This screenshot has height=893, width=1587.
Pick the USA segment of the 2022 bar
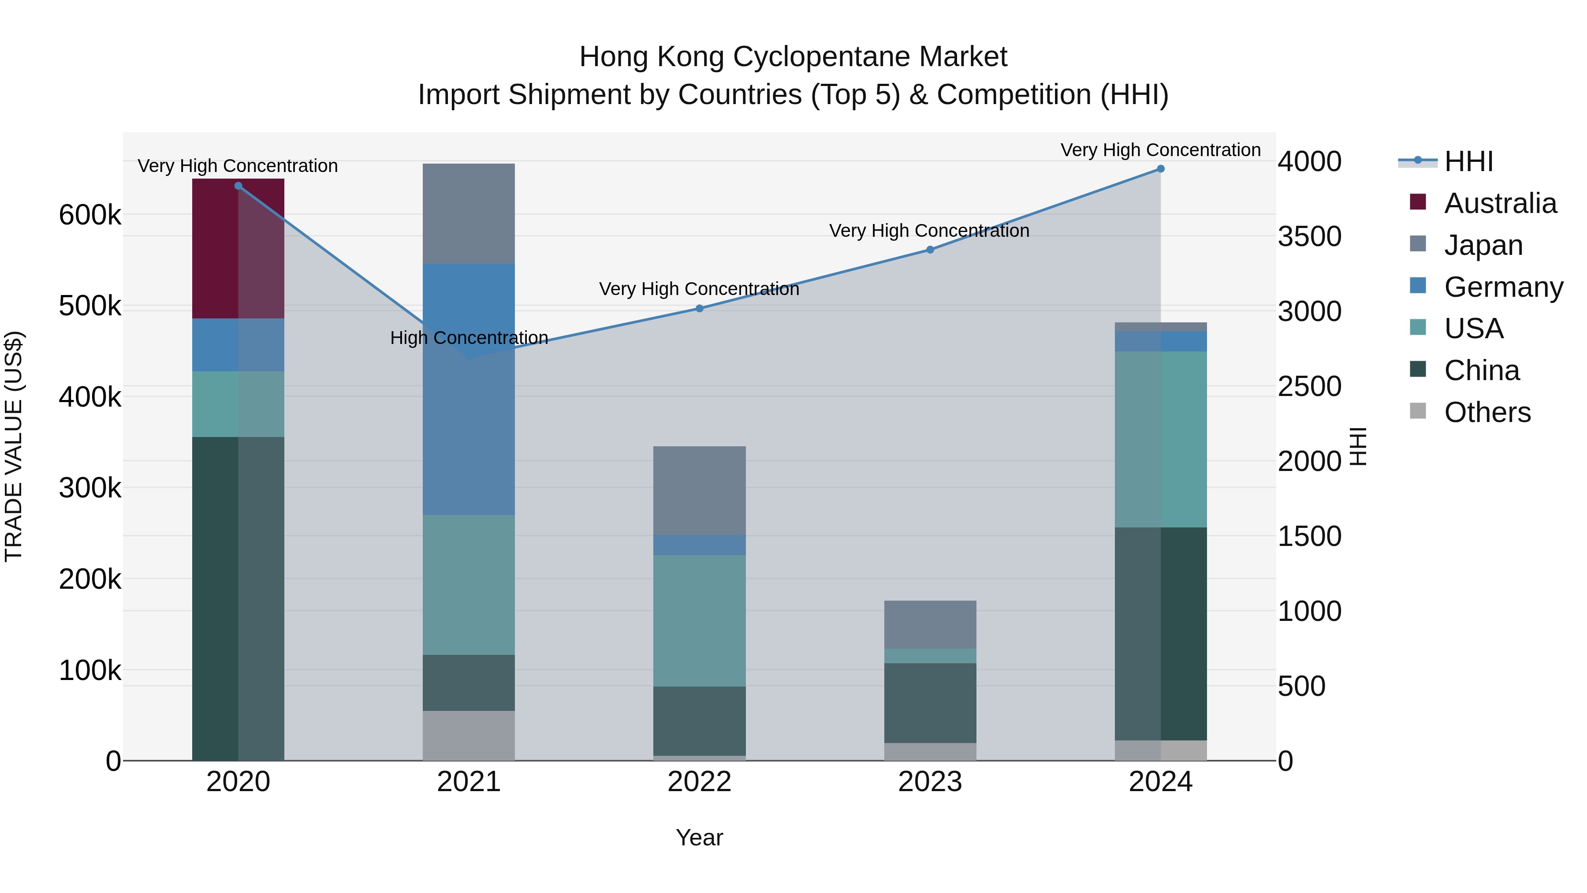(x=699, y=620)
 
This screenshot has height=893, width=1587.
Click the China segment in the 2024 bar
(x=1161, y=634)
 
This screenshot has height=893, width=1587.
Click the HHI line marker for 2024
(x=1161, y=169)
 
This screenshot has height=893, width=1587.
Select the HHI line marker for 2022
(x=699, y=308)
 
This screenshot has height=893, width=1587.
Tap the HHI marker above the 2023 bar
(x=930, y=250)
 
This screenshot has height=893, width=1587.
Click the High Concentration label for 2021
(x=469, y=338)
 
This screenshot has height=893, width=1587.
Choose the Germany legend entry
(x=1503, y=287)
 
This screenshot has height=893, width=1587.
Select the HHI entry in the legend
(x=1469, y=161)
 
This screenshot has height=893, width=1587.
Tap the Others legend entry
(x=1487, y=412)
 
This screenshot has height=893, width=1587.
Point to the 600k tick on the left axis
(x=90, y=216)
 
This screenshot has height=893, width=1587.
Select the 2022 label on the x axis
(x=699, y=782)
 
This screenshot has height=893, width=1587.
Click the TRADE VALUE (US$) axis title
(x=14, y=446)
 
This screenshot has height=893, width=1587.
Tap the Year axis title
(x=699, y=837)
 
